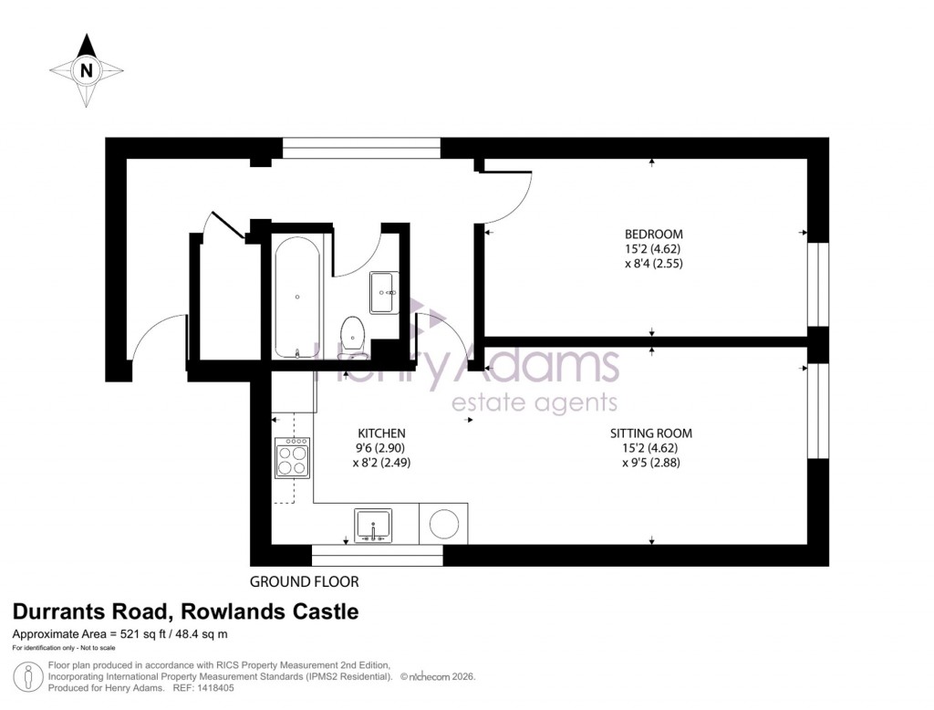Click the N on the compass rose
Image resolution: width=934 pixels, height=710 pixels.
[x=87, y=69]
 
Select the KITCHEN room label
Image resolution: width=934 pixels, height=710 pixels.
[x=381, y=433]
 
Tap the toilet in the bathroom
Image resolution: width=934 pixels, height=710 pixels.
[x=352, y=334]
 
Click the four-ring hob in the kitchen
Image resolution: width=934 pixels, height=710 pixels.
[x=293, y=458]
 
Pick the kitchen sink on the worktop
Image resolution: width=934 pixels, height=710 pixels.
[x=372, y=527]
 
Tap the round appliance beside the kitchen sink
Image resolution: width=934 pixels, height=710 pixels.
[x=444, y=526]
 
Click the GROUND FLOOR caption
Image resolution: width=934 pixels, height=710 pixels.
[x=305, y=581]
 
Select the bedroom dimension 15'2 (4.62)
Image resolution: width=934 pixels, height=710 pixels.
[x=648, y=248]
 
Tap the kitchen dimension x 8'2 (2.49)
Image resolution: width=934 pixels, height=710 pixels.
[x=382, y=463]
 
